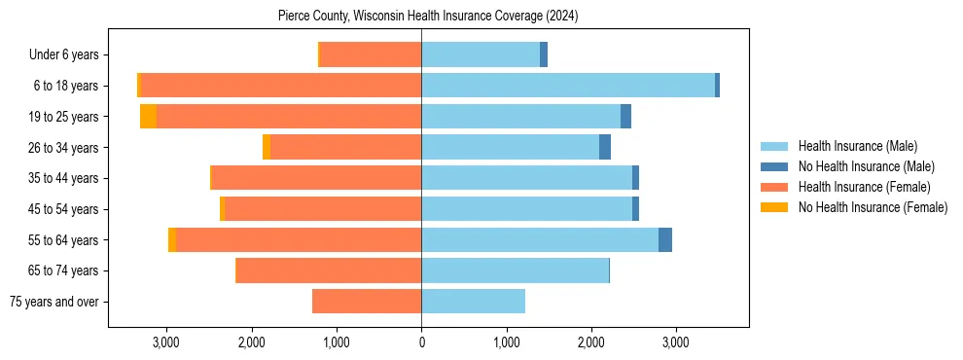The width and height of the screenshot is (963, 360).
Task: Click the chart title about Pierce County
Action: pos(421,17)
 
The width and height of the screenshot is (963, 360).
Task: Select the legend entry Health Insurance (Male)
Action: pos(857,146)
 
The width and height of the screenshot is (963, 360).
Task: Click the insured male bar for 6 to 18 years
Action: pos(568,86)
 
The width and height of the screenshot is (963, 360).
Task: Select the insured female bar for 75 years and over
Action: pos(367,302)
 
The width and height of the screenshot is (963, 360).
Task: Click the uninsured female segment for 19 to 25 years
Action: pos(148,117)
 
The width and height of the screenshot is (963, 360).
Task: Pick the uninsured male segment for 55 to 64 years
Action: pos(665,240)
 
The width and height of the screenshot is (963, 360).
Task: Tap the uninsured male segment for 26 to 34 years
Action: pos(605,148)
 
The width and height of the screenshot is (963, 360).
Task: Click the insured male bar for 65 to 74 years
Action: pos(515,270)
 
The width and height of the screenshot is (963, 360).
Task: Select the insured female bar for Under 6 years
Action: pos(371,55)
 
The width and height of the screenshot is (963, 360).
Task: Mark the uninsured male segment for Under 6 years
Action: pos(544,55)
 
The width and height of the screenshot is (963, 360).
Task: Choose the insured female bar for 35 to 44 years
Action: pos(316,178)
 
